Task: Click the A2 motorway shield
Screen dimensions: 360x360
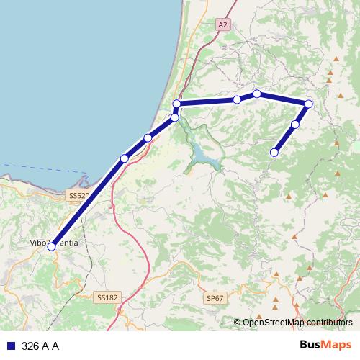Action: click(223, 24)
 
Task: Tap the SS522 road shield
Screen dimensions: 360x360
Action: click(78, 196)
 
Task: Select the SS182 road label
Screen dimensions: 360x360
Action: click(107, 297)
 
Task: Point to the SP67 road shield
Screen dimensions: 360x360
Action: click(215, 297)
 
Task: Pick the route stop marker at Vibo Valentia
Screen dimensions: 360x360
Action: click(51, 246)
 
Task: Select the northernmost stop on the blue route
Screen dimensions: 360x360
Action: click(257, 94)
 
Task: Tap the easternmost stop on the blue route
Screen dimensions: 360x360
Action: click(309, 104)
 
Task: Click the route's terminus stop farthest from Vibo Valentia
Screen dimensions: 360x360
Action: click(274, 152)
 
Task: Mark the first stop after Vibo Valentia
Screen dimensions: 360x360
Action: click(124, 158)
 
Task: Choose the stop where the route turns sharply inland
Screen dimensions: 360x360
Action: click(176, 104)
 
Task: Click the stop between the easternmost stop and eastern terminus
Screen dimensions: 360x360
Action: click(295, 125)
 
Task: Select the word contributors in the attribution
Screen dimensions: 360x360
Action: click(330, 323)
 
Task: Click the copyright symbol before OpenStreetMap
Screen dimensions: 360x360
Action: click(238, 323)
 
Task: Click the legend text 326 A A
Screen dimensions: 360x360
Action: click(40, 346)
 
